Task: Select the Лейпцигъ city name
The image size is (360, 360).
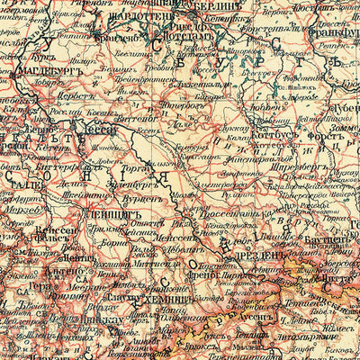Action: click(x=106, y=216)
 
